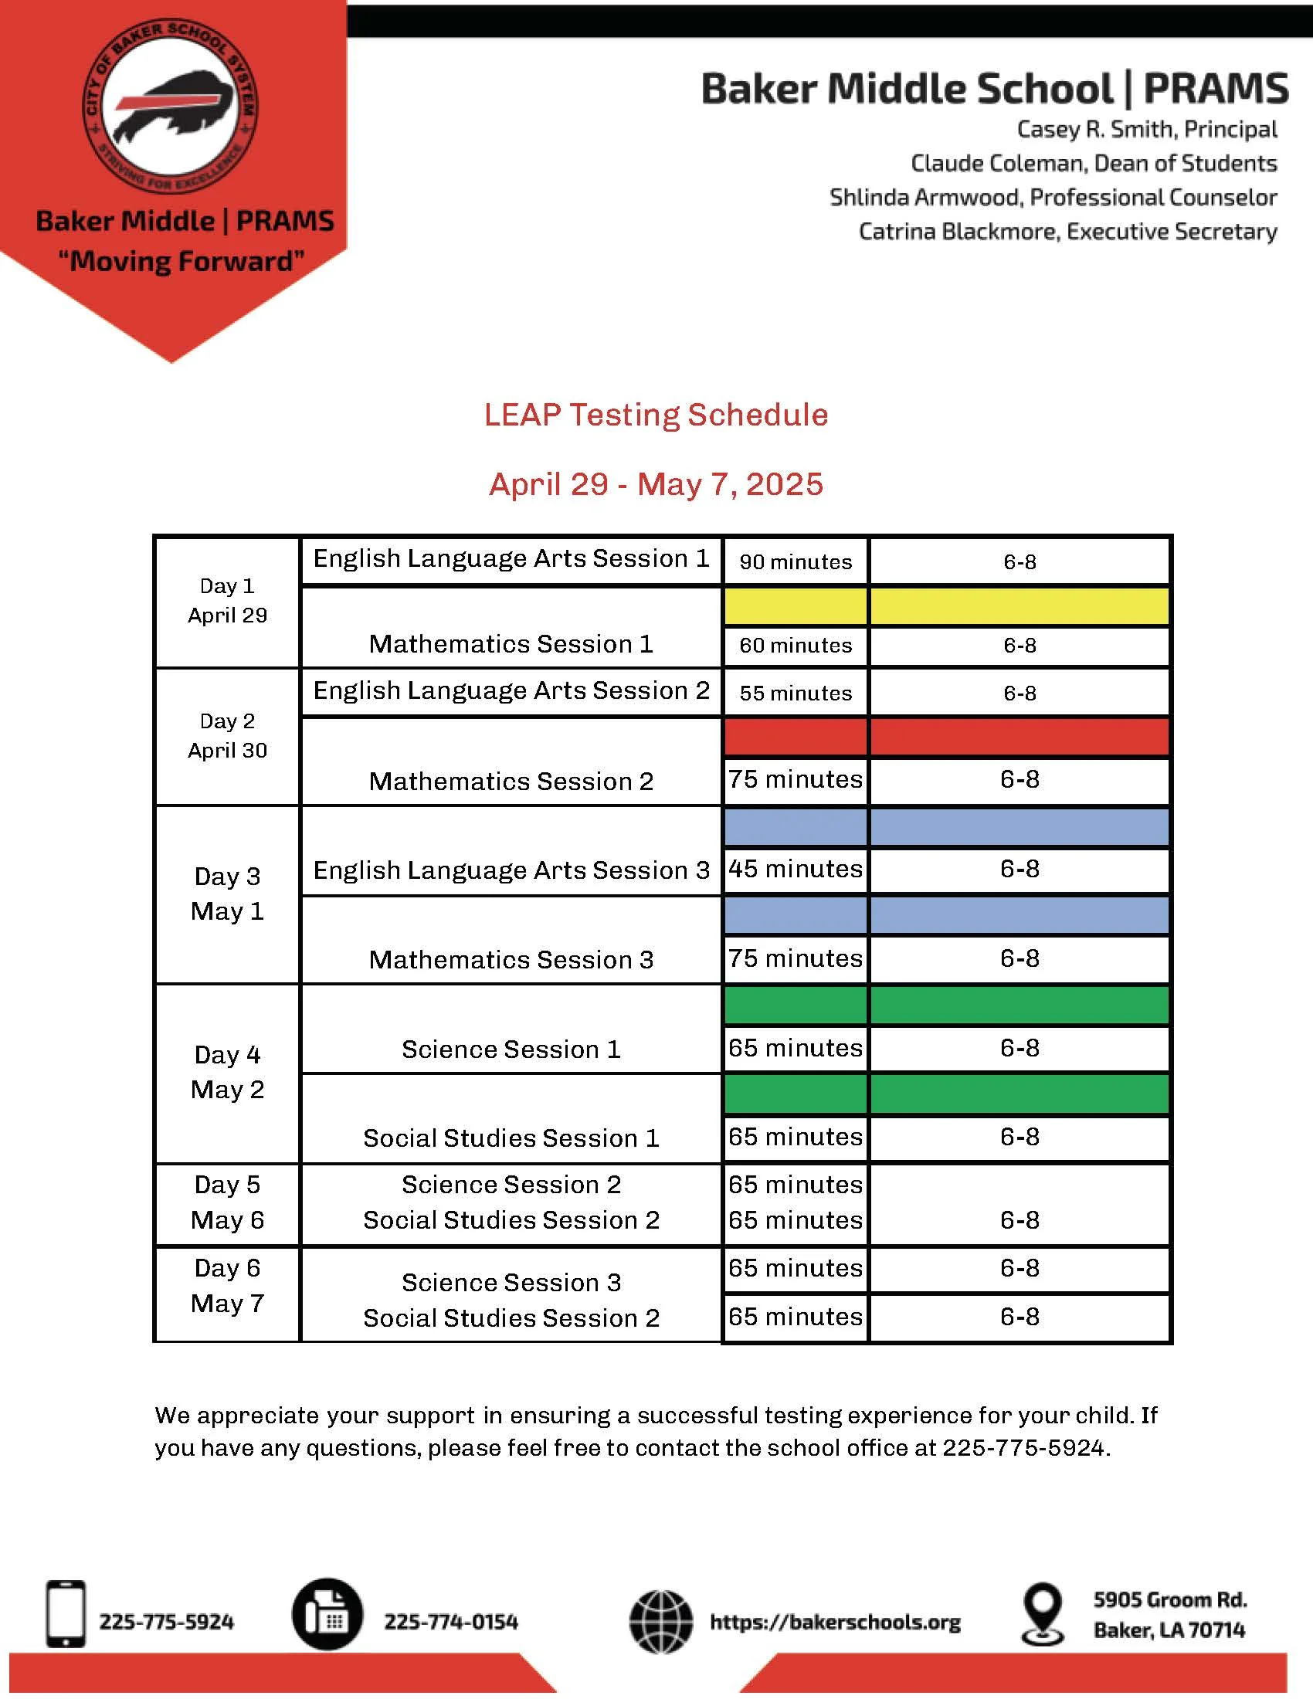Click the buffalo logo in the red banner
[x=171, y=107]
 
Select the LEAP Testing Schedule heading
[x=656, y=415]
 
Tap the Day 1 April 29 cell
[x=227, y=601]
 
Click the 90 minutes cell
[x=795, y=561]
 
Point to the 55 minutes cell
[x=795, y=694]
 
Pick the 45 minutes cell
[x=795, y=869]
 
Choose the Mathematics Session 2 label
[x=511, y=781]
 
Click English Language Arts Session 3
[x=511, y=870]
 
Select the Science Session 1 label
[x=511, y=1050]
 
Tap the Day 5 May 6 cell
[x=227, y=1202]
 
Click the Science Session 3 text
[x=511, y=1282]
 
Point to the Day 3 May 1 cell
[x=227, y=894]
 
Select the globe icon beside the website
[x=660, y=1622]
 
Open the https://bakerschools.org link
[x=835, y=1622]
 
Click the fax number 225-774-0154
[x=450, y=1622]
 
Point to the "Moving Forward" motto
[x=182, y=261]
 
